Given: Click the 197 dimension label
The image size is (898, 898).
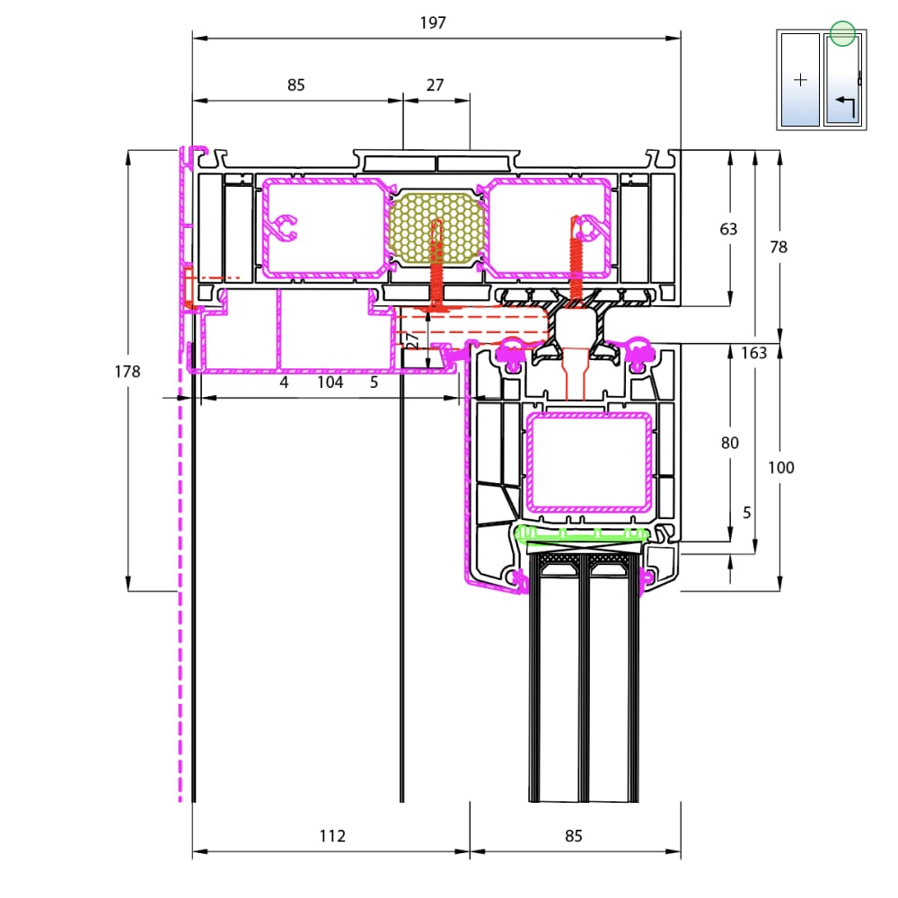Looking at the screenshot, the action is pos(433,23).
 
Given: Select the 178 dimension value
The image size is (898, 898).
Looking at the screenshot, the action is pos(128,372).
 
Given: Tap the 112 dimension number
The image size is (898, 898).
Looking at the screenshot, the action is pos(332,836).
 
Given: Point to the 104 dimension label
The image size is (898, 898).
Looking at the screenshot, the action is pos(330,382).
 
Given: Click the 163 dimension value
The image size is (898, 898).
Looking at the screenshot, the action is pos(753,353).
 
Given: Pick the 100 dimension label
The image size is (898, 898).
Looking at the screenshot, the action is pos(780,468).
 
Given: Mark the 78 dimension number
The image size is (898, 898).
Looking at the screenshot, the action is pos(779,247).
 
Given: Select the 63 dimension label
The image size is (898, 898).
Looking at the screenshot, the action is pos(728,229).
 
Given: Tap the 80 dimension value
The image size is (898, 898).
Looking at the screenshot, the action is pos(729,443).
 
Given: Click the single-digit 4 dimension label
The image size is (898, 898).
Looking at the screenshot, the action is pos(284,382).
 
